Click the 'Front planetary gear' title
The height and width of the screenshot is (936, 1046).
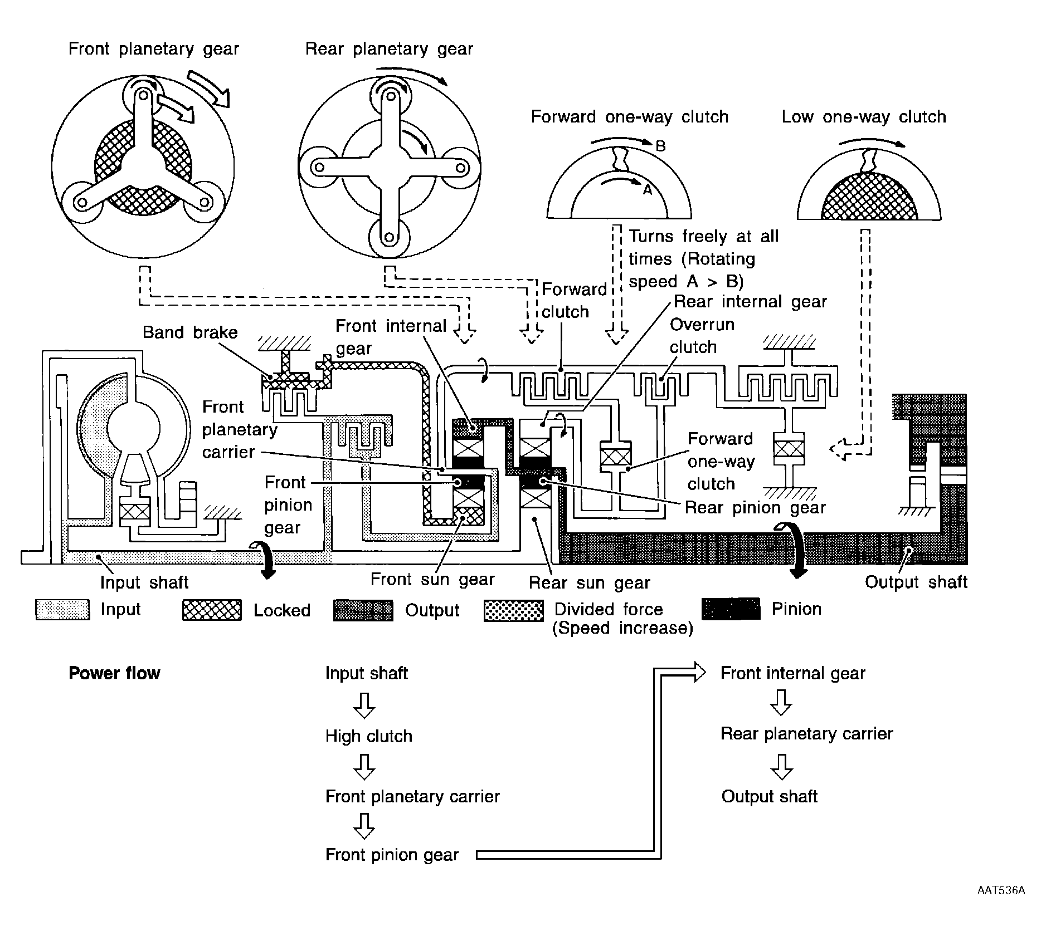click(153, 50)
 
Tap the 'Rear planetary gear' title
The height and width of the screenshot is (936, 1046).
click(389, 50)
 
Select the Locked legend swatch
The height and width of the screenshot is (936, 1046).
click(212, 610)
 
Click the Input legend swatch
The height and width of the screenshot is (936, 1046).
click(62, 610)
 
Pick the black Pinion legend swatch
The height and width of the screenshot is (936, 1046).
click(731, 609)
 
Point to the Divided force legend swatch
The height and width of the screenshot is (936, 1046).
click(514, 610)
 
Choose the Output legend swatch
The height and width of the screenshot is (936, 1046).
click(363, 610)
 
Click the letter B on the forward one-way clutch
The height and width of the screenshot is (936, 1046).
click(660, 146)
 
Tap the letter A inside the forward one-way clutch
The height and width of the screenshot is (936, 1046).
click(647, 190)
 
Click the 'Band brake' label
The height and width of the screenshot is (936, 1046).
click(190, 332)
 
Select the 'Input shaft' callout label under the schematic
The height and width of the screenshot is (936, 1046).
click(144, 582)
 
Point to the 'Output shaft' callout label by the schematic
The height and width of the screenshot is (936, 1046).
click(916, 582)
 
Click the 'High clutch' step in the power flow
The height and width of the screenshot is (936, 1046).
click(369, 736)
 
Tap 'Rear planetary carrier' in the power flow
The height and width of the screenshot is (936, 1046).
click(806, 734)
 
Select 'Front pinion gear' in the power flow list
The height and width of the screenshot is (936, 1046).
click(392, 855)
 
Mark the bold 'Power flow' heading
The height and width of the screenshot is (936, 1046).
click(114, 673)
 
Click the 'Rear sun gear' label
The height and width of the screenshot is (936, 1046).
click(589, 583)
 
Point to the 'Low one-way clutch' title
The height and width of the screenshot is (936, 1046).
click(864, 117)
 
